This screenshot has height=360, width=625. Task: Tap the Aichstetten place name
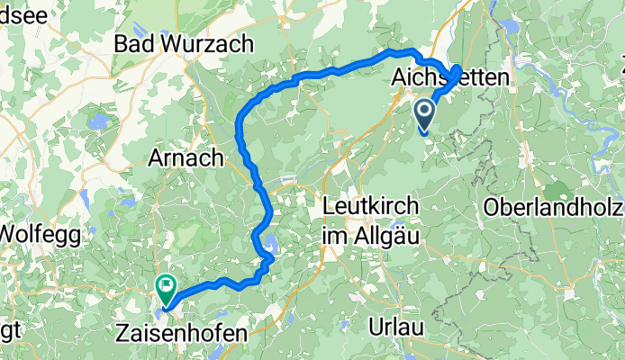(450, 79)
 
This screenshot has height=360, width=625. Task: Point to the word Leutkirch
(370, 206)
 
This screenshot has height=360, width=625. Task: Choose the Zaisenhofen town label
(181, 333)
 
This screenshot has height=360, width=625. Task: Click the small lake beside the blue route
(269, 242)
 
